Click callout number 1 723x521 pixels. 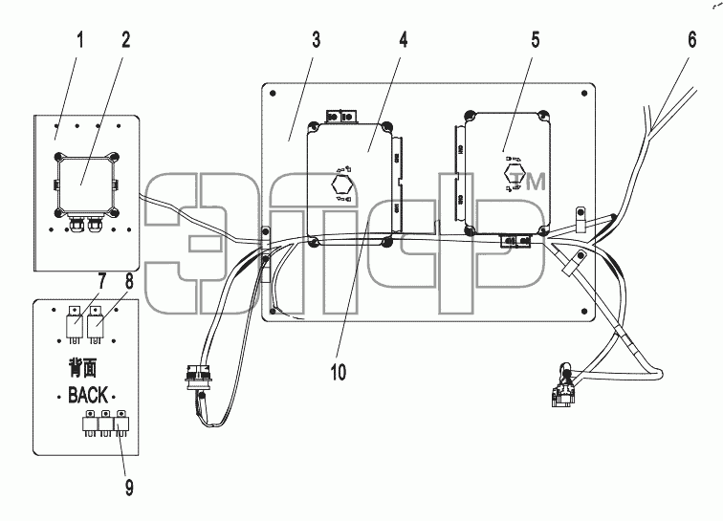point(80,40)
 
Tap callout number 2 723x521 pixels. point(126,40)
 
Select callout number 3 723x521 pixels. point(316,40)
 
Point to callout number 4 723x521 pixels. point(404,40)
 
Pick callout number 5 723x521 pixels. point(536,40)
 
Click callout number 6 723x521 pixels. point(692,40)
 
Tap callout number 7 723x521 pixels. point(101,281)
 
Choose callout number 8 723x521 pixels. point(129,281)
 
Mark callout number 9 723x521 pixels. point(129,488)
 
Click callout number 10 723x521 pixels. point(338,372)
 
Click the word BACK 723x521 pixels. point(88,396)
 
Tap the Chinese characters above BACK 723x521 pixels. point(83,367)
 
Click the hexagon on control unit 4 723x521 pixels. point(341,185)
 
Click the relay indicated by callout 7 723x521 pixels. point(75,325)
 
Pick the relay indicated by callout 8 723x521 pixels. point(95,325)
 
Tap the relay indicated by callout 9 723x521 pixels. point(122,423)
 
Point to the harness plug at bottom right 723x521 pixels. point(562,390)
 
